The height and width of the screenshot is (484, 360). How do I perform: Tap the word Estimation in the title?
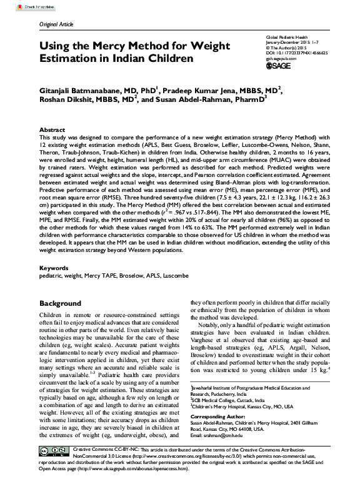tap(71, 58)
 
